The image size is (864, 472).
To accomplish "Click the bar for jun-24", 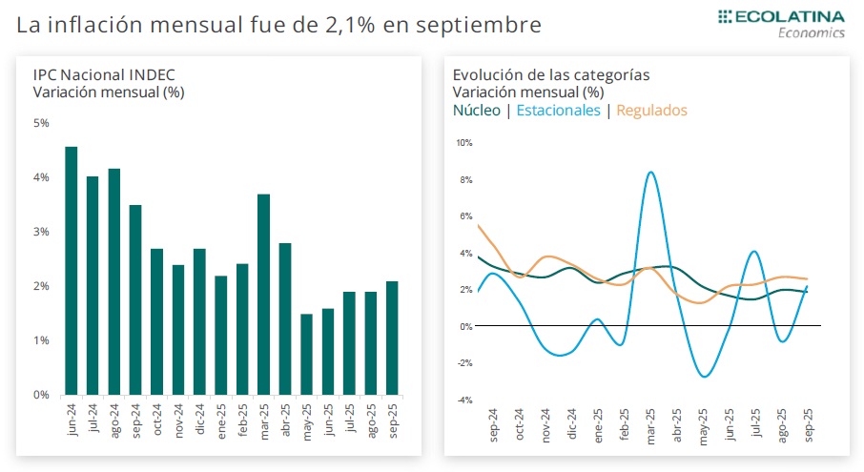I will [72, 271].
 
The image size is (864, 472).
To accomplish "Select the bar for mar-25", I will [264, 295].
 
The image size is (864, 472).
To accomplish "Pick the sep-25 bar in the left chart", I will [392, 339].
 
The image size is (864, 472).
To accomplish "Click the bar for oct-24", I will [157, 322].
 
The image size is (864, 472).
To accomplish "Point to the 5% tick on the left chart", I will [41, 123].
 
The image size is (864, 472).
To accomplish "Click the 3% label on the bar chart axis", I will [41, 232].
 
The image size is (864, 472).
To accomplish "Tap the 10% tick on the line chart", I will [464, 143].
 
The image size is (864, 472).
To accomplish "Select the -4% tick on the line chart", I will [464, 400].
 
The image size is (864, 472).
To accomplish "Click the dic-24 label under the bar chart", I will [200, 421].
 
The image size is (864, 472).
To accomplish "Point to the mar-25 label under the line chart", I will [650, 428].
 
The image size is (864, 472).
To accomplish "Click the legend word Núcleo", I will [476, 111].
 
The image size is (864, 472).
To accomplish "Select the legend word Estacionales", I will [558, 111].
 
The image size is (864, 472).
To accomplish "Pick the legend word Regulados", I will [651, 111].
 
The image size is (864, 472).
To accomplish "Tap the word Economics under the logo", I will [812, 32].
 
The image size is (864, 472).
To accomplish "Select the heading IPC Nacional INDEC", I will [104, 75].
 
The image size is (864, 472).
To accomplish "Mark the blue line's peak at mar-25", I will [650, 172].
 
